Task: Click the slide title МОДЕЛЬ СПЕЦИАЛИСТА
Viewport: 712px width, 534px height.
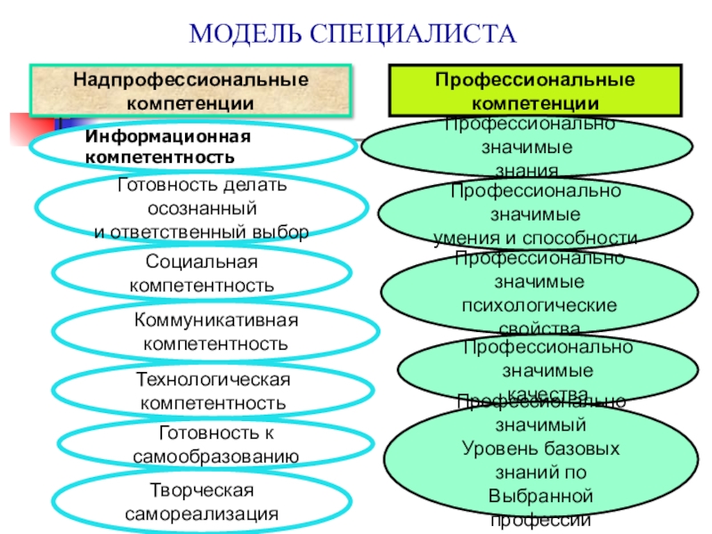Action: (353, 34)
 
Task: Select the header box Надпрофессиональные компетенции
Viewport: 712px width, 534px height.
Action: (190, 91)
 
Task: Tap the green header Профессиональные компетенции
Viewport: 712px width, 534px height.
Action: (534, 92)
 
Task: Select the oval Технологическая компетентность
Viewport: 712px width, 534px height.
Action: (213, 392)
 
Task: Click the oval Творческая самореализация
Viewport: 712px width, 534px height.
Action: (201, 503)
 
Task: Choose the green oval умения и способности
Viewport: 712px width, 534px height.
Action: (535, 214)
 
